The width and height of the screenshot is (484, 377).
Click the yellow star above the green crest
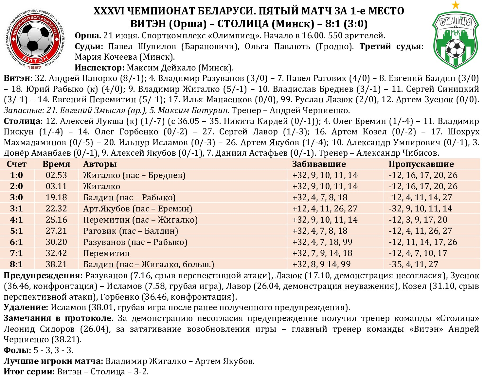(455, 5)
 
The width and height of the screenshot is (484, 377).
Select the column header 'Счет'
(16, 164)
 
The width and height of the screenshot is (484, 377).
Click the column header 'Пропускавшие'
(421, 164)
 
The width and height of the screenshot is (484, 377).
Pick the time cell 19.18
(56, 197)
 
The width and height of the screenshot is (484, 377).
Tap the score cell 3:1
(16, 208)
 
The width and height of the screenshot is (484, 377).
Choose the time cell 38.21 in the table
(56, 264)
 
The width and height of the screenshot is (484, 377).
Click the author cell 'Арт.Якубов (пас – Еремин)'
(137, 208)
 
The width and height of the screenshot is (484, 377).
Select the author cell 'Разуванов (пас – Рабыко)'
(135, 242)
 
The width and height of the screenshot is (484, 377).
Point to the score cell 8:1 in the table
(16, 264)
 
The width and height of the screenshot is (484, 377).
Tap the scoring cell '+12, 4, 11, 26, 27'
(325, 208)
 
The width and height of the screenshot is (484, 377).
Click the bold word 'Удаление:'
(26, 308)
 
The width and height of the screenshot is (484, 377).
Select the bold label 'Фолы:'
(17, 350)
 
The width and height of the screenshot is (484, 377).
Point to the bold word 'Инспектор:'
(99, 68)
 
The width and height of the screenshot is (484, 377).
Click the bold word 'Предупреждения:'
(43, 275)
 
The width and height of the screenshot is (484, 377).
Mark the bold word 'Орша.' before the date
(88, 36)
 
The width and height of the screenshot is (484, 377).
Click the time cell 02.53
(56, 175)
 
